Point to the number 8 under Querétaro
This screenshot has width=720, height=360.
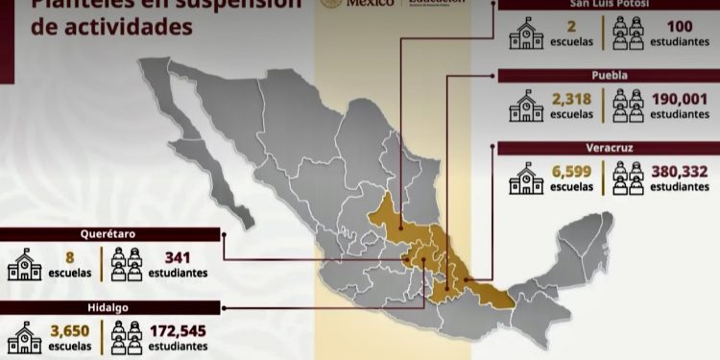point(70,256)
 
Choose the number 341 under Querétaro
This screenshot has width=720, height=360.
point(178,256)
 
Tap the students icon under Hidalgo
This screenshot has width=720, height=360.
point(127,336)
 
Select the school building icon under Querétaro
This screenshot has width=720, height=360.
point(25,264)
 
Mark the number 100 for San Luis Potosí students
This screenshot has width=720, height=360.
point(679,26)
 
